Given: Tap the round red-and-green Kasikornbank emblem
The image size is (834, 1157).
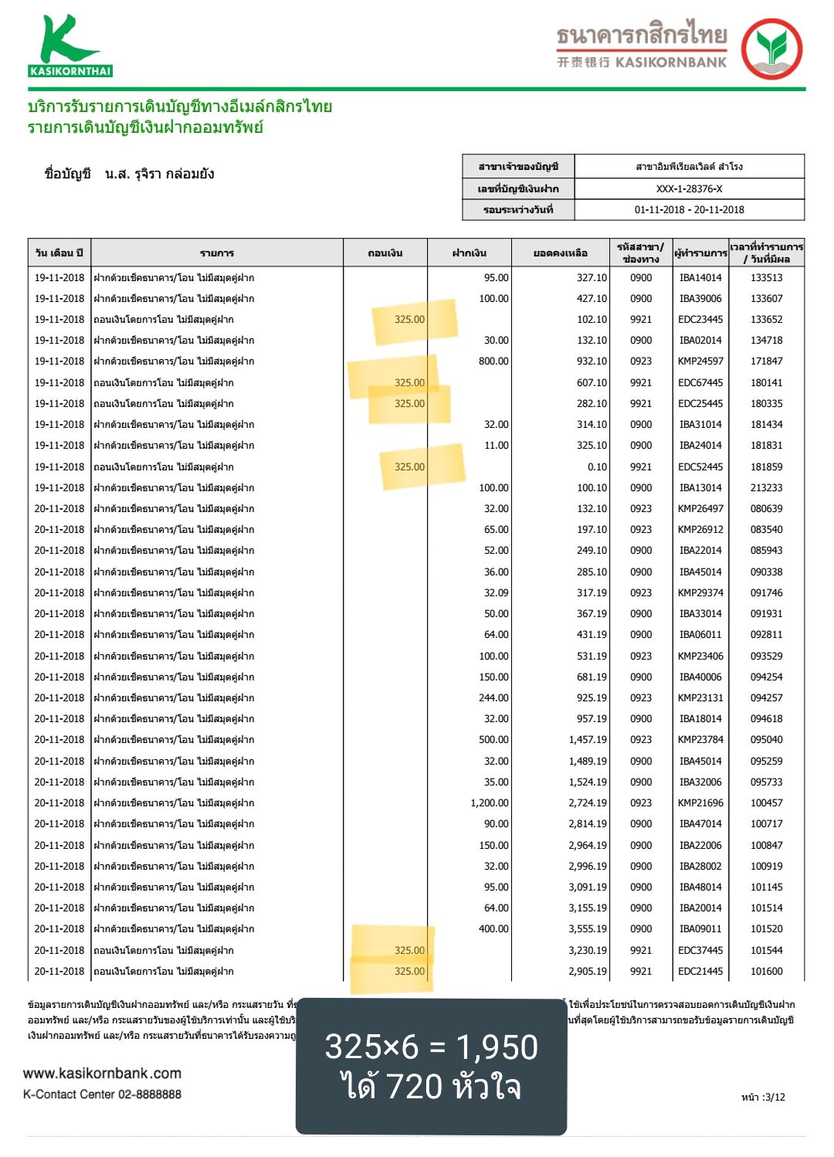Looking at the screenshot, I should point(771,49).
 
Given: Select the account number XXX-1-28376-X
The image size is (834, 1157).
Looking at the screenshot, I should point(689,188).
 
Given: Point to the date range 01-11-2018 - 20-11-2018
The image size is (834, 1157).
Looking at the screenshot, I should point(689,209).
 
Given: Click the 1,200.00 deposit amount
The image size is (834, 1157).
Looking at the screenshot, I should point(490,803).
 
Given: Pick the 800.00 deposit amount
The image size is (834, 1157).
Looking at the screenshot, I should point(493,361).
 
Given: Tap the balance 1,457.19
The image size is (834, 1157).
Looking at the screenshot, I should point(588,739).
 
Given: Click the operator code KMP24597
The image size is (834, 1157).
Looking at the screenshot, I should point(700,361).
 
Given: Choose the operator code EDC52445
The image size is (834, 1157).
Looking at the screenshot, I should point(700,467).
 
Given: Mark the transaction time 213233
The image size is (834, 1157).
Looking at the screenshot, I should point(766,487).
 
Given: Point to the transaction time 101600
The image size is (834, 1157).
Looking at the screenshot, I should point(766,971).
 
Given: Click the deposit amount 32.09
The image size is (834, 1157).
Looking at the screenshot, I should point(496,592).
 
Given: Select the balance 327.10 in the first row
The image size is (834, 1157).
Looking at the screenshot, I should point(592,277).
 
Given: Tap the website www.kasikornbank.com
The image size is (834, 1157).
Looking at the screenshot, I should point(102,1074).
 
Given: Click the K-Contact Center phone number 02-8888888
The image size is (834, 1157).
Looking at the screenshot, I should point(150,1094).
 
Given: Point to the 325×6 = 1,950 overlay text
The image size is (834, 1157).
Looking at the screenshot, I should point(431,1047).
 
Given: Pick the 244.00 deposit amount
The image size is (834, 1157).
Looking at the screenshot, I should point(493,697).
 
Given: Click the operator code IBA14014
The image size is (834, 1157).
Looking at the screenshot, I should point(700,277).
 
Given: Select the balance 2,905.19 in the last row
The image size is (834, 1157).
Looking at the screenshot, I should point(588,971).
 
